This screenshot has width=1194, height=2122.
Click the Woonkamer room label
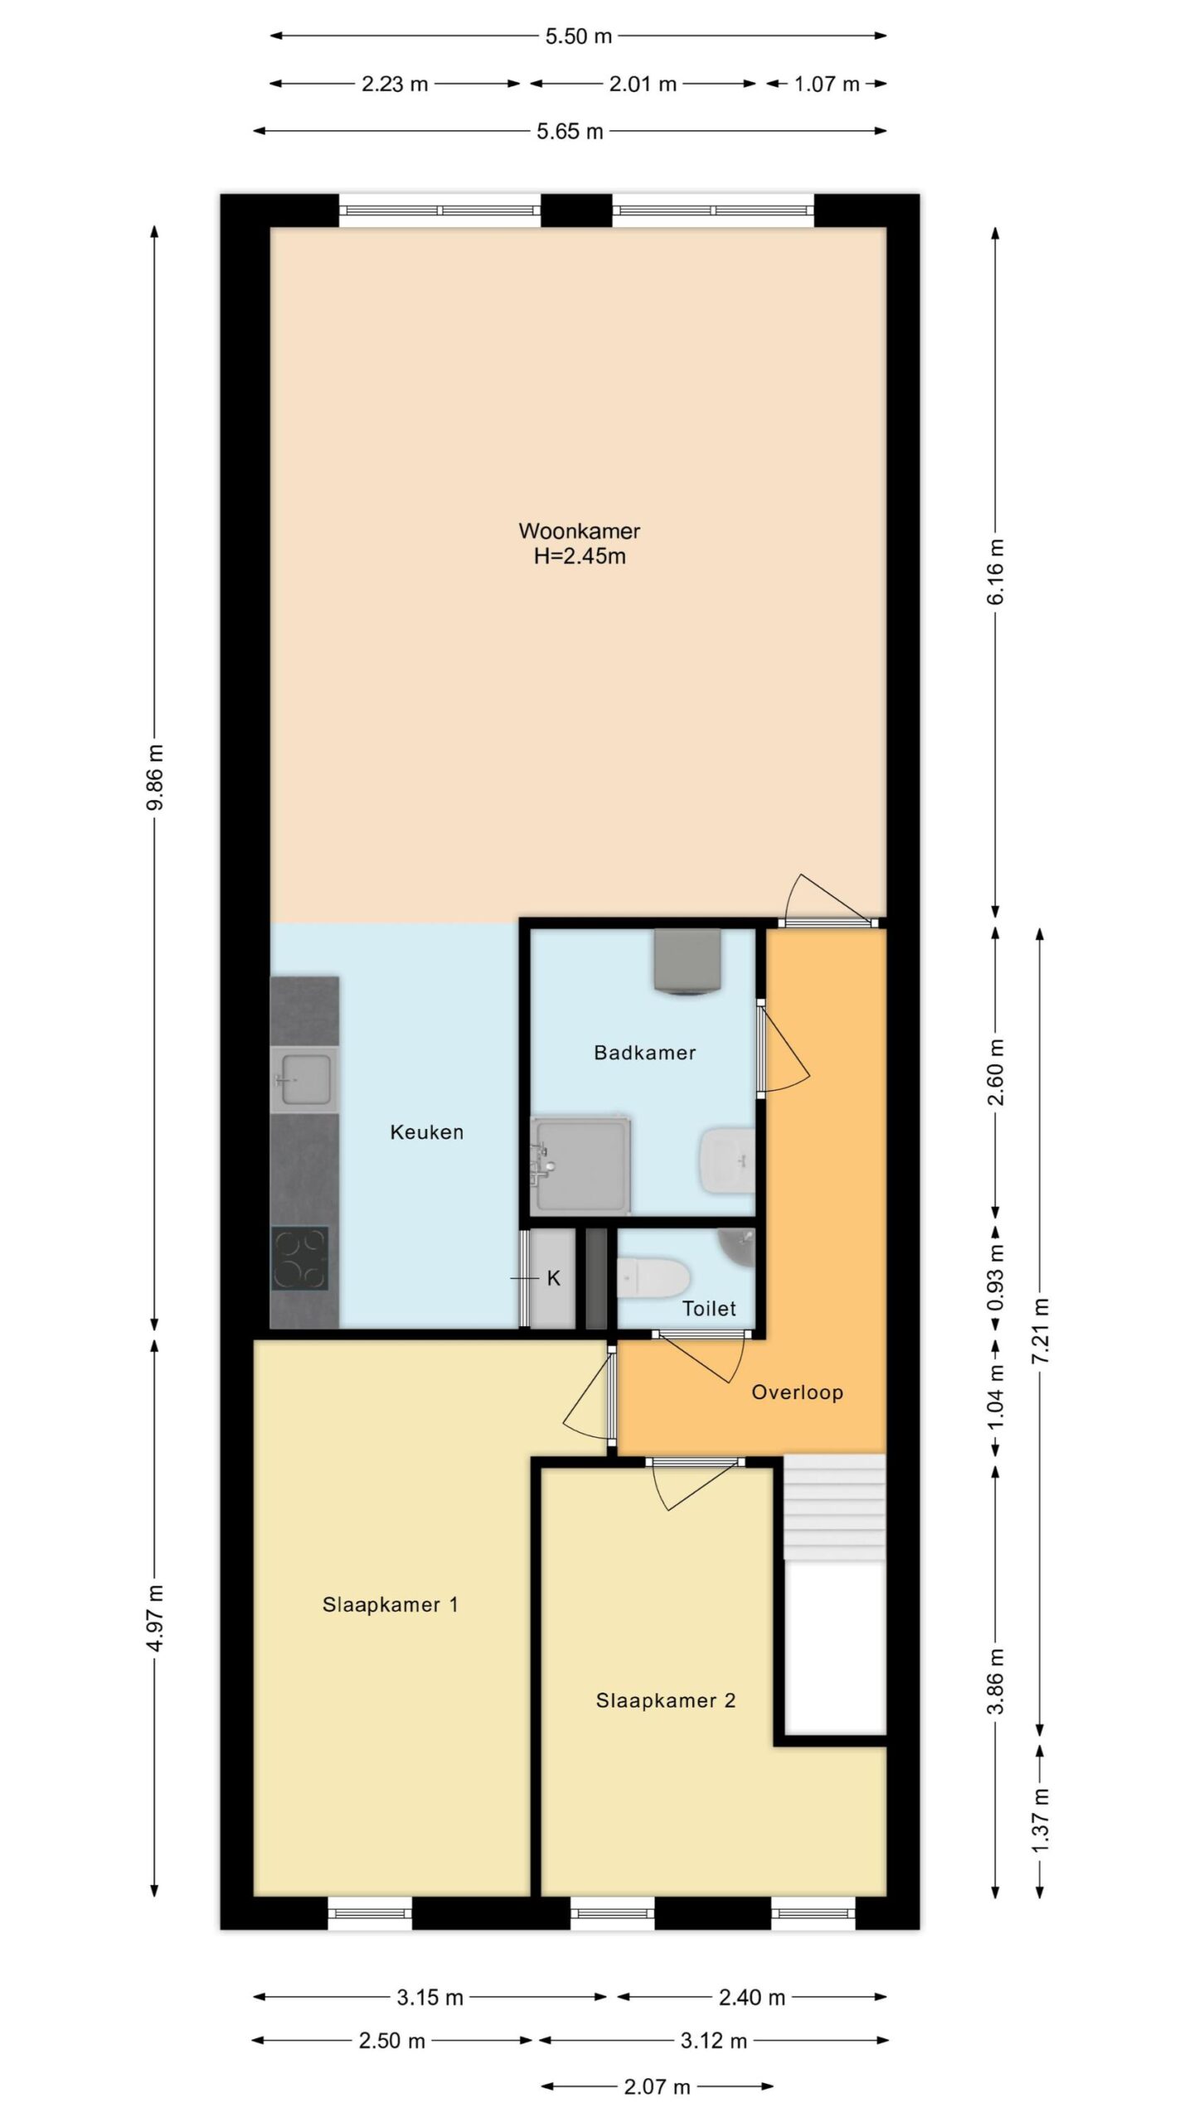579,530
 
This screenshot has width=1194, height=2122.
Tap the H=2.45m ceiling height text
579,556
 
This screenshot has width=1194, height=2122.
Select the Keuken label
426,1132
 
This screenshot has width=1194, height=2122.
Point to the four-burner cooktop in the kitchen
300,1258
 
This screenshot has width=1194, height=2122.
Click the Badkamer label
644,1053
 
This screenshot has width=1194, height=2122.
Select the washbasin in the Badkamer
727,1160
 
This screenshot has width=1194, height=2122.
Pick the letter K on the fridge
554,1279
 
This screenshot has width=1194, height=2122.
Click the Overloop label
797,1393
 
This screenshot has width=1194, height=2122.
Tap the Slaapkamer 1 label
390,1605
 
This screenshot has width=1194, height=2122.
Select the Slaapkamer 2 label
666,1701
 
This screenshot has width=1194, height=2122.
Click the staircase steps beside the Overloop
835,1509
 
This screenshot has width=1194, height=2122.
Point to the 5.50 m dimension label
579,36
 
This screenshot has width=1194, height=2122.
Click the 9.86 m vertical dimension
155,778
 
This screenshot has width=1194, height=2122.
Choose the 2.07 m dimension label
657,2086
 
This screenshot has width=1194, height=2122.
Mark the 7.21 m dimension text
1041,1330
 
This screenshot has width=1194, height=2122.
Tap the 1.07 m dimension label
827,84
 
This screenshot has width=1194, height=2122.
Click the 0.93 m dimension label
996,1277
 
